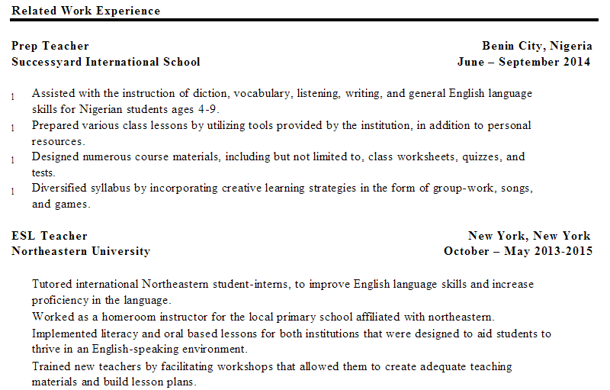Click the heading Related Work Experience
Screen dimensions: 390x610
click(86, 11)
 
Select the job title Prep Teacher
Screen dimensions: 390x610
click(50, 46)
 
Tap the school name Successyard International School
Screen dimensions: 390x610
click(106, 62)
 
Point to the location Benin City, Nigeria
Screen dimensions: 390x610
click(536, 46)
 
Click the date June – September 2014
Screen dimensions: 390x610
click(524, 62)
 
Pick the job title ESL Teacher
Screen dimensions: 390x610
click(50, 236)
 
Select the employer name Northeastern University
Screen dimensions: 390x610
click(81, 251)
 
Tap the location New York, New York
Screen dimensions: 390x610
click(529, 236)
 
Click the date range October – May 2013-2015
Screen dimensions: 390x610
click(518, 251)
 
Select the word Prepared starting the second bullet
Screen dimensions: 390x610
click(54, 125)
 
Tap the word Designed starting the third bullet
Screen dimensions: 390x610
click(54, 156)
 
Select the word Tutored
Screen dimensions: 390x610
click(52, 284)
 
